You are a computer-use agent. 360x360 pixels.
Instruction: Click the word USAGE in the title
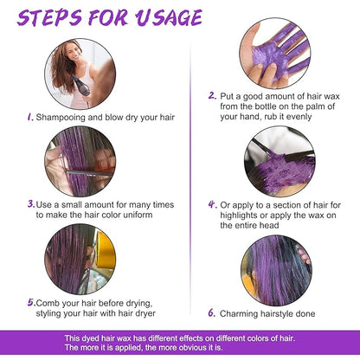point(169,17)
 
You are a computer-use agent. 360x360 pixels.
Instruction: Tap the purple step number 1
point(30,117)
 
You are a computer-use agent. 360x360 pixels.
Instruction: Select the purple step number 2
point(212,95)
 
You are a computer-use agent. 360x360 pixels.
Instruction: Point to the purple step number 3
point(31,204)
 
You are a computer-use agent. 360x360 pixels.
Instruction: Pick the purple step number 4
point(213,204)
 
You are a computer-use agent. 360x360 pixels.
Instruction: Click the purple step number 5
point(31,302)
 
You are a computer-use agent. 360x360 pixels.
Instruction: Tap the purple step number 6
point(212,312)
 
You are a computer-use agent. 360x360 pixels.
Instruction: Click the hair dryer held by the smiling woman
point(81,87)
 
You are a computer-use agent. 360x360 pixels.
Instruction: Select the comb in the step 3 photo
point(89,172)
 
